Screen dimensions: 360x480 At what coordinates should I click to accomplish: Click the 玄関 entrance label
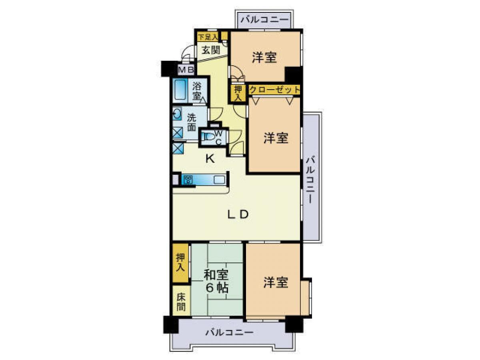click(x=210, y=50)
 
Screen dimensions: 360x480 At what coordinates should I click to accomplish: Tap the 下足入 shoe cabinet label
click(x=208, y=37)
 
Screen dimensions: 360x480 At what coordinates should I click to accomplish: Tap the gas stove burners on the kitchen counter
click(x=188, y=180)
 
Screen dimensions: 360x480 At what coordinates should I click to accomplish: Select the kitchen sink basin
click(x=219, y=180)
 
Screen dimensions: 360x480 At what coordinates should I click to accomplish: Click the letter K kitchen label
click(x=210, y=159)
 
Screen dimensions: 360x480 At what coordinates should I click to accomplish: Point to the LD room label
click(x=238, y=214)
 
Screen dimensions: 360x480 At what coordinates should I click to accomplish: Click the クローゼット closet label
click(x=274, y=90)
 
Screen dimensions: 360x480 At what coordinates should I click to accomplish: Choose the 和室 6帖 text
click(x=216, y=281)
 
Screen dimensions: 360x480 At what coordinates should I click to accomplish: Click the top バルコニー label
click(x=264, y=19)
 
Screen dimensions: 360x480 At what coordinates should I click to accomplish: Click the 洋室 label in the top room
click(x=264, y=58)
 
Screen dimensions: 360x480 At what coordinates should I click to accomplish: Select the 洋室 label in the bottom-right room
click(x=276, y=282)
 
